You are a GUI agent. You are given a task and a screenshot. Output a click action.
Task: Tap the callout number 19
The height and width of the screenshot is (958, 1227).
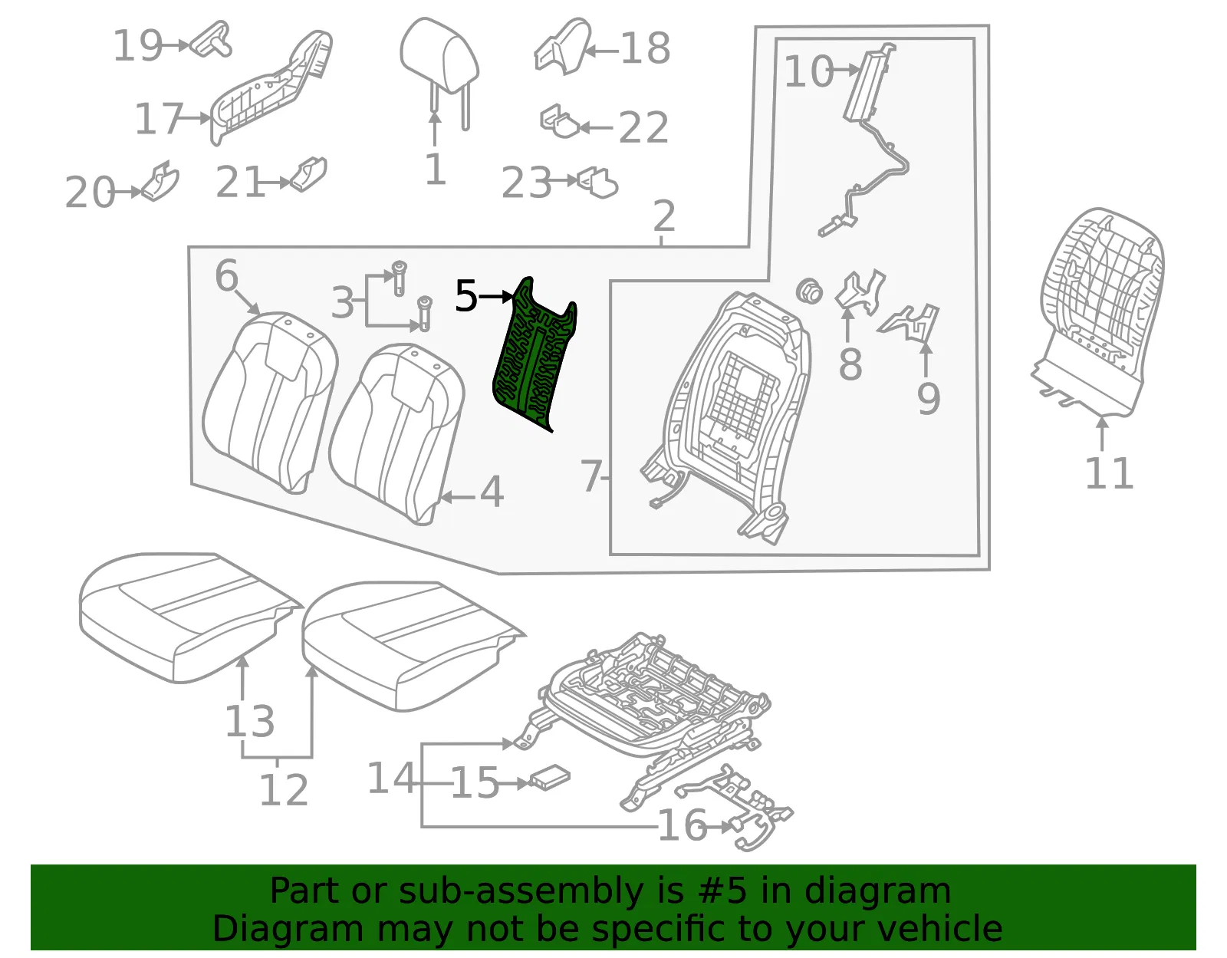138,46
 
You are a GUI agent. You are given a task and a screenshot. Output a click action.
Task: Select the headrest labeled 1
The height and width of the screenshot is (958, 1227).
439,71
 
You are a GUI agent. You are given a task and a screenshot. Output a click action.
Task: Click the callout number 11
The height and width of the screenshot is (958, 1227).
1108,473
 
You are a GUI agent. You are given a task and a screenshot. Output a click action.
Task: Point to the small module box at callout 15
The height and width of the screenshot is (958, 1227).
549,779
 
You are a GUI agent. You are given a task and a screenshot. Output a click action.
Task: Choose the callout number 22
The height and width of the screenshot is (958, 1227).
643,127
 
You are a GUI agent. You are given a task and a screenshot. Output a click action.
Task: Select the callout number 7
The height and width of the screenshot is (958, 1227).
591,476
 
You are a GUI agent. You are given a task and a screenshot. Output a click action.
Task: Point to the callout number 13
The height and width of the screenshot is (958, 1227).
249,722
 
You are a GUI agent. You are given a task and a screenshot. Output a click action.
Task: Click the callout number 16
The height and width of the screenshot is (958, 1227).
682,825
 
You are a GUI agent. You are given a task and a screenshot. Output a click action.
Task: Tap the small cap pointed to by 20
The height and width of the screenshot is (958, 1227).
160,181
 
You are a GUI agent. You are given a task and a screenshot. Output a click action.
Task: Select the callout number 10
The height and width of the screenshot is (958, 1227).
808,71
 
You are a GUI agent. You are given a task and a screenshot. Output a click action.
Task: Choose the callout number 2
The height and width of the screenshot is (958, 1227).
664,216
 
